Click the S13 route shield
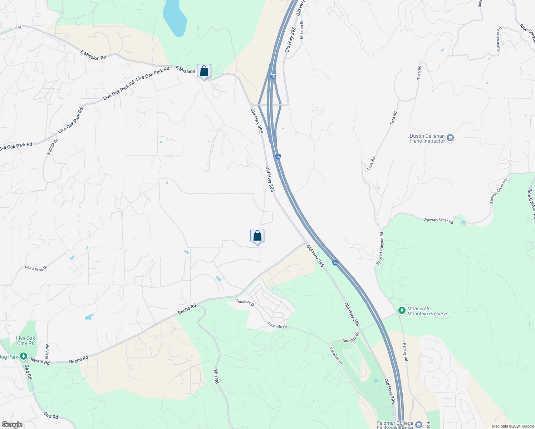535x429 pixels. pos(18,27)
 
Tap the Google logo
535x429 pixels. pos(12,425)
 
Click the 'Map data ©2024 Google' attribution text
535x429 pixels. pos(513,426)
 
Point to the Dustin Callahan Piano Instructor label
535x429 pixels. pos(427,138)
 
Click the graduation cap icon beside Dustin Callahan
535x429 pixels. pos(450,138)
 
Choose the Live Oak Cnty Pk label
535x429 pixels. pos(25,341)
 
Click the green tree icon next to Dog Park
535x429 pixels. pos(24,356)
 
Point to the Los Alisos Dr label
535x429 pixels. pos(36,268)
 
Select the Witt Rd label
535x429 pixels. pos(216,376)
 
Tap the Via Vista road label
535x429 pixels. pos(47,351)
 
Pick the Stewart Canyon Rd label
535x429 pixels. pos(380,248)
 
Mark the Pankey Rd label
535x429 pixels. pos(405,352)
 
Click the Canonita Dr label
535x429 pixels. pos(350,337)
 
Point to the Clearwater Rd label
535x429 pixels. pos(499,39)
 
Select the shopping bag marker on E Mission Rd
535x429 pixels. pos(204,71)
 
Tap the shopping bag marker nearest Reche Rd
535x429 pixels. pos(257,236)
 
